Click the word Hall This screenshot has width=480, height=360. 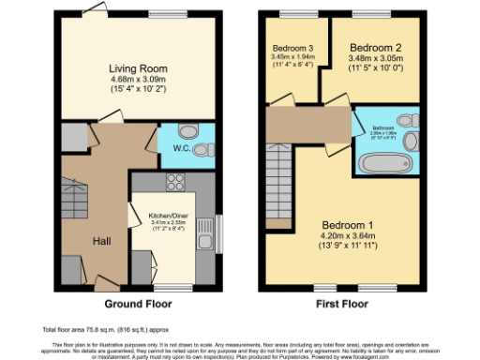pyautogui.click(x=104, y=241)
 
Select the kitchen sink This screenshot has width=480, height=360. pyautogui.click(x=205, y=242)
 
